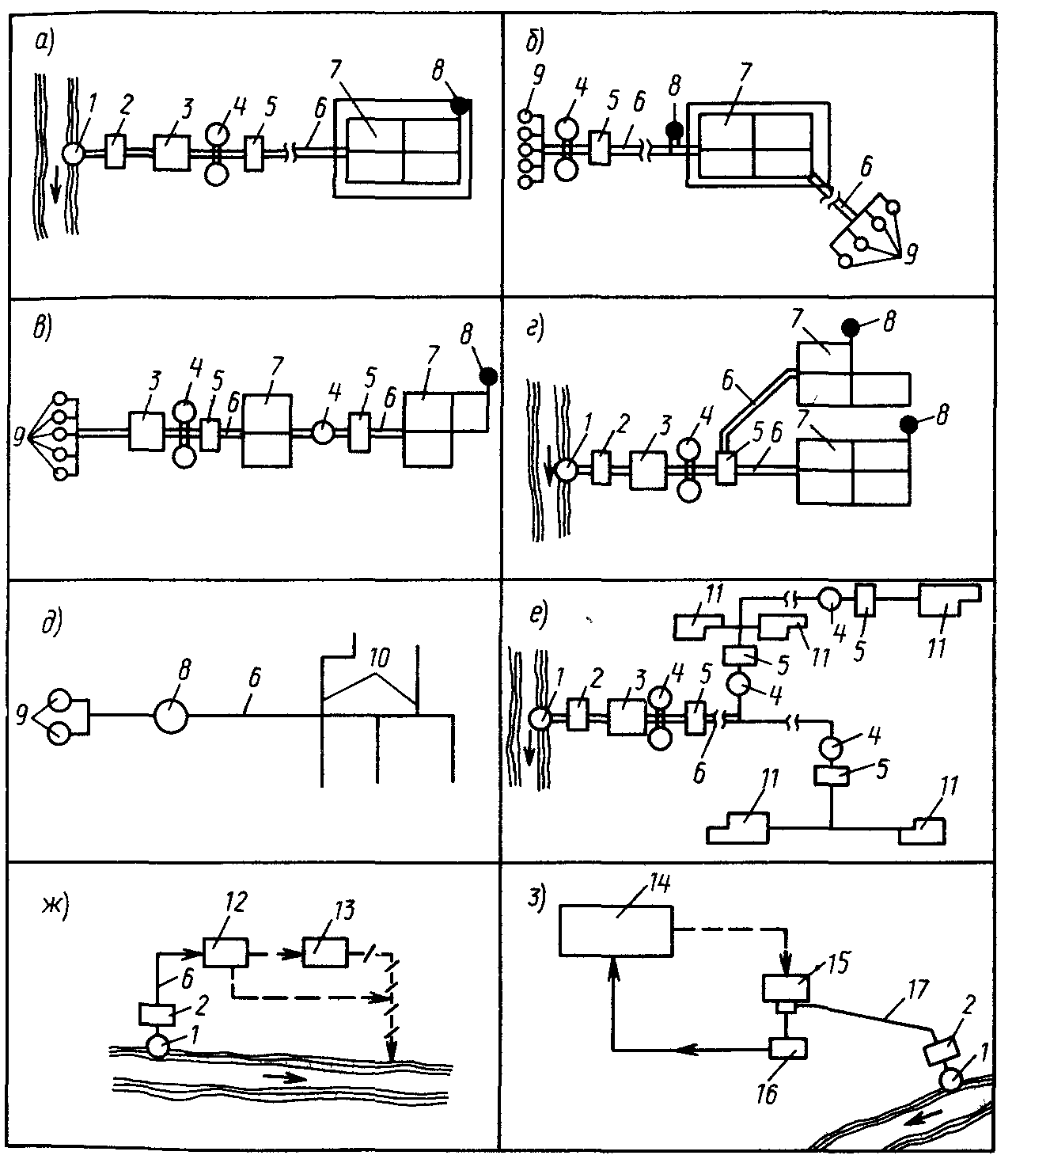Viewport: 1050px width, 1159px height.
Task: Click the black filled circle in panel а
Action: (x=461, y=104)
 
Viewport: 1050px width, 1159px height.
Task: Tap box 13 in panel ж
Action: (x=324, y=952)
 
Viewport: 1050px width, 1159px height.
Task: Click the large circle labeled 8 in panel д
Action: (x=171, y=716)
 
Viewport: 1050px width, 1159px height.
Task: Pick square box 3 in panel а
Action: (x=172, y=152)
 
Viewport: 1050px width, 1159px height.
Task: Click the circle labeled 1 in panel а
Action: (x=72, y=153)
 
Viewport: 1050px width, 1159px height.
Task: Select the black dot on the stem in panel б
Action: (x=674, y=130)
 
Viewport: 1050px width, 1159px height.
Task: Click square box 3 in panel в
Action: (x=146, y=431)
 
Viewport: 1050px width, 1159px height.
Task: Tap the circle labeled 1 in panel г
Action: (x=566, y=470)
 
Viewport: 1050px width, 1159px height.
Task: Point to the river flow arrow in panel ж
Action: (x=284, y=1077)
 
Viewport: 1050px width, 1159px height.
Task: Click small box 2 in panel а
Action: (x=114, y=151)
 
